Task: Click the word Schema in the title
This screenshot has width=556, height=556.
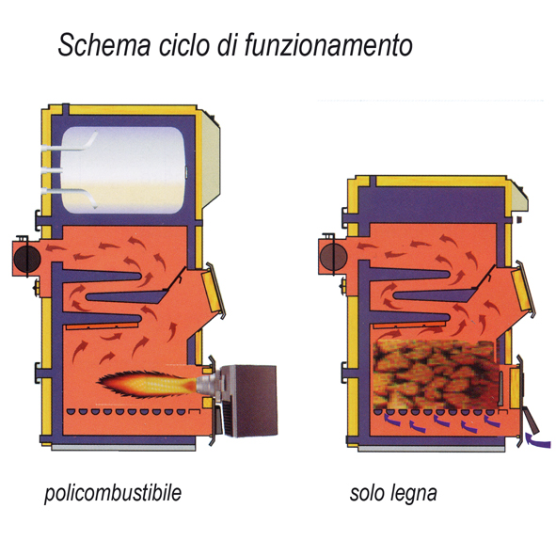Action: point(104,44)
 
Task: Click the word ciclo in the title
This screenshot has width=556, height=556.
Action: point(183,44)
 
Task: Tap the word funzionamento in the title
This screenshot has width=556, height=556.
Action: point(328,44)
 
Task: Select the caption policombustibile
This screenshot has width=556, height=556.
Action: point(113,493)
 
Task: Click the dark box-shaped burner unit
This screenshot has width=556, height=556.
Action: point(249,401)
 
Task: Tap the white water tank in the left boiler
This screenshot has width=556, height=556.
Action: point(123,170)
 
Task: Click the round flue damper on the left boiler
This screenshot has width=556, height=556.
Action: point(27,258)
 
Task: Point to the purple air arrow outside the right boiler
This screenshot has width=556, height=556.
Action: point(537,441)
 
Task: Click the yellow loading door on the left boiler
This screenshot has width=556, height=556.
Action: point(213,291)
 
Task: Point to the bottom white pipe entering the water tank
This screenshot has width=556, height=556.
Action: point(69,196)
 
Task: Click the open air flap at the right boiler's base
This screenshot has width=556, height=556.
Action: point(531,421)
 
